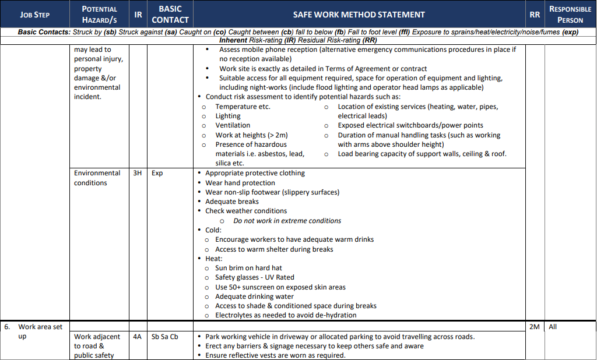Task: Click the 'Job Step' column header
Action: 34,15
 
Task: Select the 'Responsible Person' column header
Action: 570,15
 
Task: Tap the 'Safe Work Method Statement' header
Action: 359,15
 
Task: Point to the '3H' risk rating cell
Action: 138,173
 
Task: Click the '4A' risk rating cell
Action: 138,337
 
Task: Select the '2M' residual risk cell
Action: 534,327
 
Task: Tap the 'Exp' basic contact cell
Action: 157,173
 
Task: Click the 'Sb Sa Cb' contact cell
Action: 165,337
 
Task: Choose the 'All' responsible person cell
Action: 553,327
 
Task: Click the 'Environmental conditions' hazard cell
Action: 97,178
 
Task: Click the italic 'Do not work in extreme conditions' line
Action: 287,221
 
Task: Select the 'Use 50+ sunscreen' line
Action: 280,287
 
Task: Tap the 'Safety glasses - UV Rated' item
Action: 254,277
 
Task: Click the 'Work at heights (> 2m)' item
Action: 251,135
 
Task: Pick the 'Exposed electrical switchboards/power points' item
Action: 410,125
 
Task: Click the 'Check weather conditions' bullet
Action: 245,211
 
